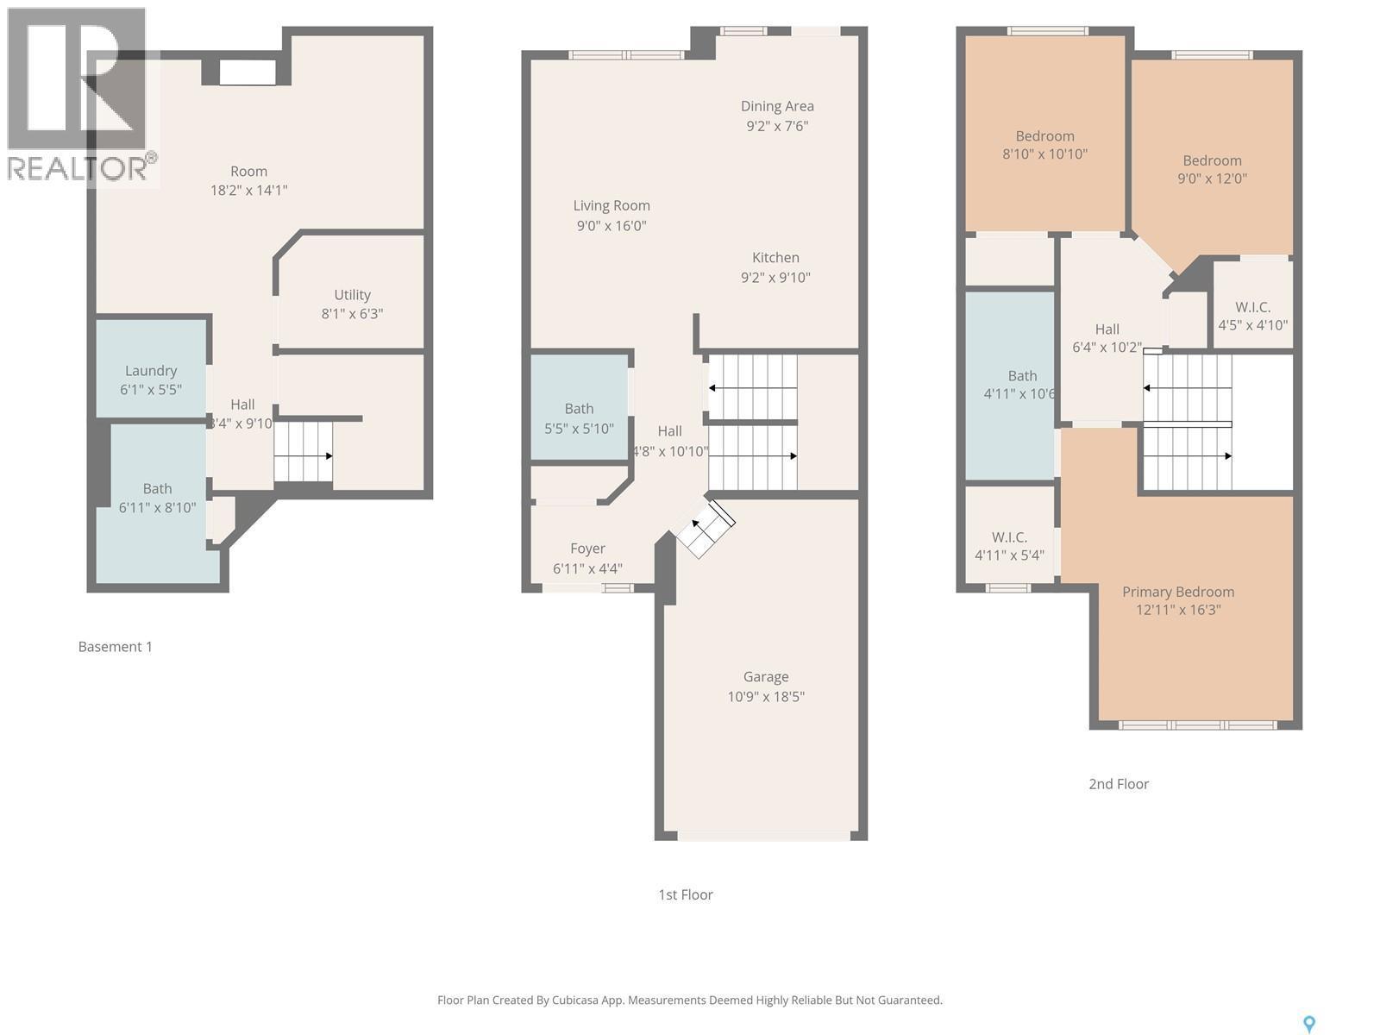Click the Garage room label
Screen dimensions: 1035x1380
[766, 677]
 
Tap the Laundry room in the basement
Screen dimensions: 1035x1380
[151, 371]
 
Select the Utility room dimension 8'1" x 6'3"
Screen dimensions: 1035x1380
[352, 314]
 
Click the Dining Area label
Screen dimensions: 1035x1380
[777, 106]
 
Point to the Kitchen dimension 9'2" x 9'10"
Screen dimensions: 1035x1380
[775, 278]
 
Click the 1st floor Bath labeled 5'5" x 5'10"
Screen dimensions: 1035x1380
[579, 409]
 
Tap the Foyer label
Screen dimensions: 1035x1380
[587, 549]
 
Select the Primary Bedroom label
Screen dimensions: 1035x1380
[1177, 592]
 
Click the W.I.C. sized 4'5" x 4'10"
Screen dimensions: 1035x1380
[1252, 308]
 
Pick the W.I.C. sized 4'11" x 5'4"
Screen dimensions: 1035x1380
[1009, 537]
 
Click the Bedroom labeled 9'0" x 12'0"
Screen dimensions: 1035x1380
[1212, 160]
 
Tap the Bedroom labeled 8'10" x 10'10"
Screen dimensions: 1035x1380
[1044, 136]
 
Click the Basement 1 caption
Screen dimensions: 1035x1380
[115, 647]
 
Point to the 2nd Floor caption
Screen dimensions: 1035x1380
[1119, 784]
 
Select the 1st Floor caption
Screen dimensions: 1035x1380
[685, 895]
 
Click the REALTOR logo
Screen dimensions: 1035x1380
[79, 95]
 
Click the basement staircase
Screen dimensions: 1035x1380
[303, 451]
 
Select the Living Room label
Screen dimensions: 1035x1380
[612, 206]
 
